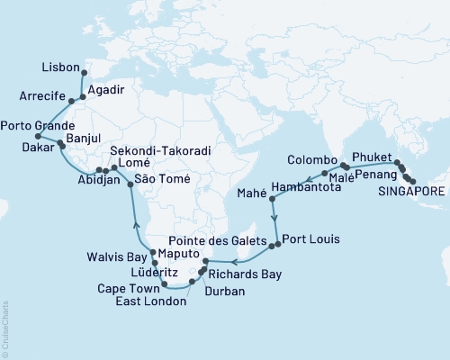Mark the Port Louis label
[309, 240]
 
